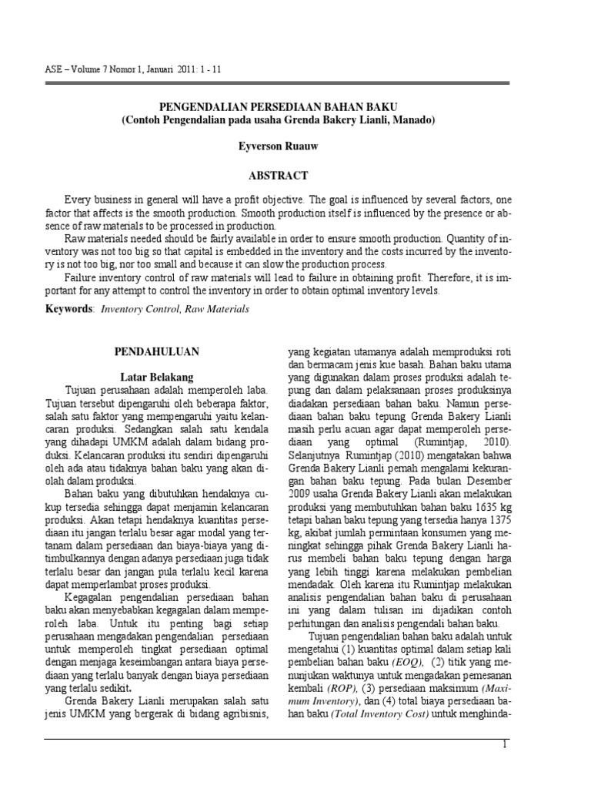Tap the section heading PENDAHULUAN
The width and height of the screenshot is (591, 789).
click(157, 351)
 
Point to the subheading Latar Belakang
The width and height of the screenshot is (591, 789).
click(157, 378)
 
